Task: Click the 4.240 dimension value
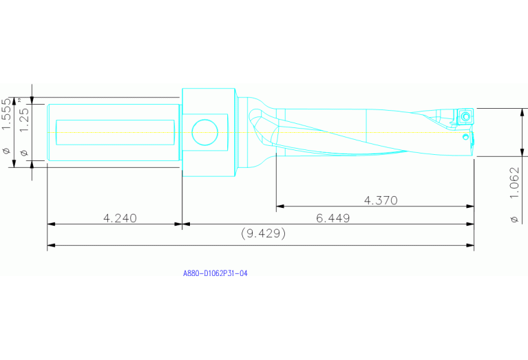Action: [x=120, y=218]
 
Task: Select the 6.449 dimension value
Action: [x=333, y=218]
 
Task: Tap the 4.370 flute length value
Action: [x=381, y=200]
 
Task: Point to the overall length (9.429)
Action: [x=263, y=234]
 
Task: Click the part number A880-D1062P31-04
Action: [x=215, y=273]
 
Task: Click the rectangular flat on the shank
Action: [x=114, y=132]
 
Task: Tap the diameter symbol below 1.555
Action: [x=8, y=151]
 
